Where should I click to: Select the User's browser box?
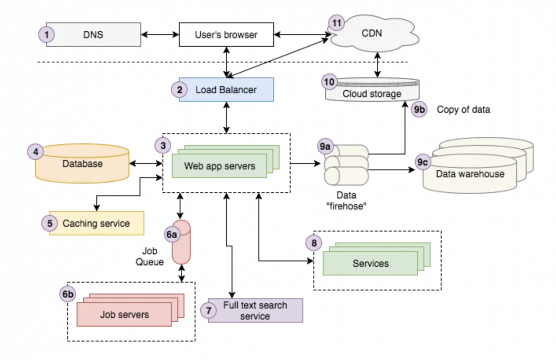click(226, 35)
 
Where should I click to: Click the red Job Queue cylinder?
click(181, 242)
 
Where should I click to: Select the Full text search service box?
click(255, 310)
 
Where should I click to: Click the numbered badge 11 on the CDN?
click(337, 23)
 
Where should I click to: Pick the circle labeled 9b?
click(419, 110)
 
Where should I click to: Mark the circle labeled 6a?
click(172, 234)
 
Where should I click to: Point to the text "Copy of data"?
click(463, 110)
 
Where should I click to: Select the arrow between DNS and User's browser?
click(160, 35)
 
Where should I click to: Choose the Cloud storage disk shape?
click(372, 90)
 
